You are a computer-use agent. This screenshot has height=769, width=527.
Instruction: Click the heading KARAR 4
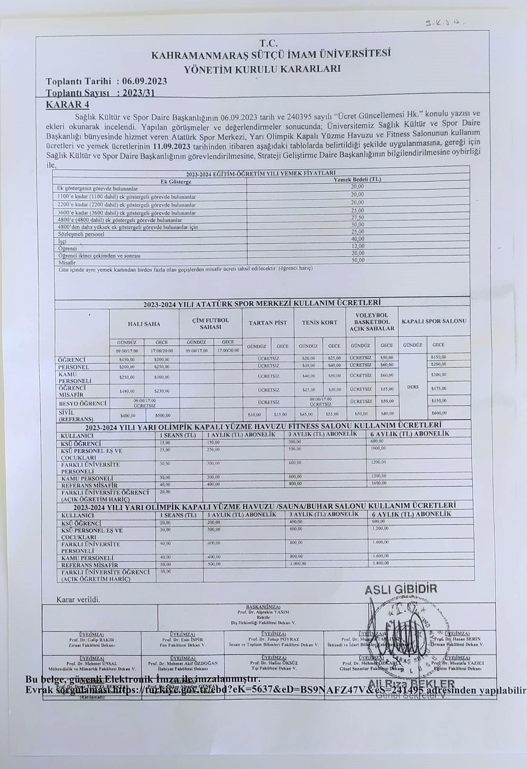pyautogui.click(x=67, y=105)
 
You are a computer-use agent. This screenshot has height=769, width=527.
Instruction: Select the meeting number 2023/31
pyautogui.click(x=138, y=93)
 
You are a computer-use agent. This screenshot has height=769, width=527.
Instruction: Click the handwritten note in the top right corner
pyautogui.click(x=445, y=22)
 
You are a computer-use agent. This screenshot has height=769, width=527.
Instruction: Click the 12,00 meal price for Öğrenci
pyautogui.click(x=357, y=246)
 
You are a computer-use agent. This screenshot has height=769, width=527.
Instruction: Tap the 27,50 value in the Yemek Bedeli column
pyautogui.click(x=357, y=217)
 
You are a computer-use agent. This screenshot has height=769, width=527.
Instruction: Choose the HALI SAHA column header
pyautogui.click(x=144, y=324)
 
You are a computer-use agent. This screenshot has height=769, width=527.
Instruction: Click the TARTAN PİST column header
pyautogui.click(x=267, y=322)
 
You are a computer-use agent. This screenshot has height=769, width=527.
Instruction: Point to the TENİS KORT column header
pyautogui.click(x=319, y=322)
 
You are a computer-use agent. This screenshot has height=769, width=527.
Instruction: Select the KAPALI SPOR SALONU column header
pyautogui.click(x=434, y=321)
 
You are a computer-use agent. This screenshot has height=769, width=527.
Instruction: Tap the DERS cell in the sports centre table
pyautogui.click(x=413, y=386)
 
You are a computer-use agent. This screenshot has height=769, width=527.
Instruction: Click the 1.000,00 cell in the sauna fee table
pyautogui.click(x=298, y=564)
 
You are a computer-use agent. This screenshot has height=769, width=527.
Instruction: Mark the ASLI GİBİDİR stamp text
pyautogui.click(x=401, y=590)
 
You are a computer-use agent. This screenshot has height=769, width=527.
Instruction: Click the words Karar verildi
pyautogui.click(x=78, y=599)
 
